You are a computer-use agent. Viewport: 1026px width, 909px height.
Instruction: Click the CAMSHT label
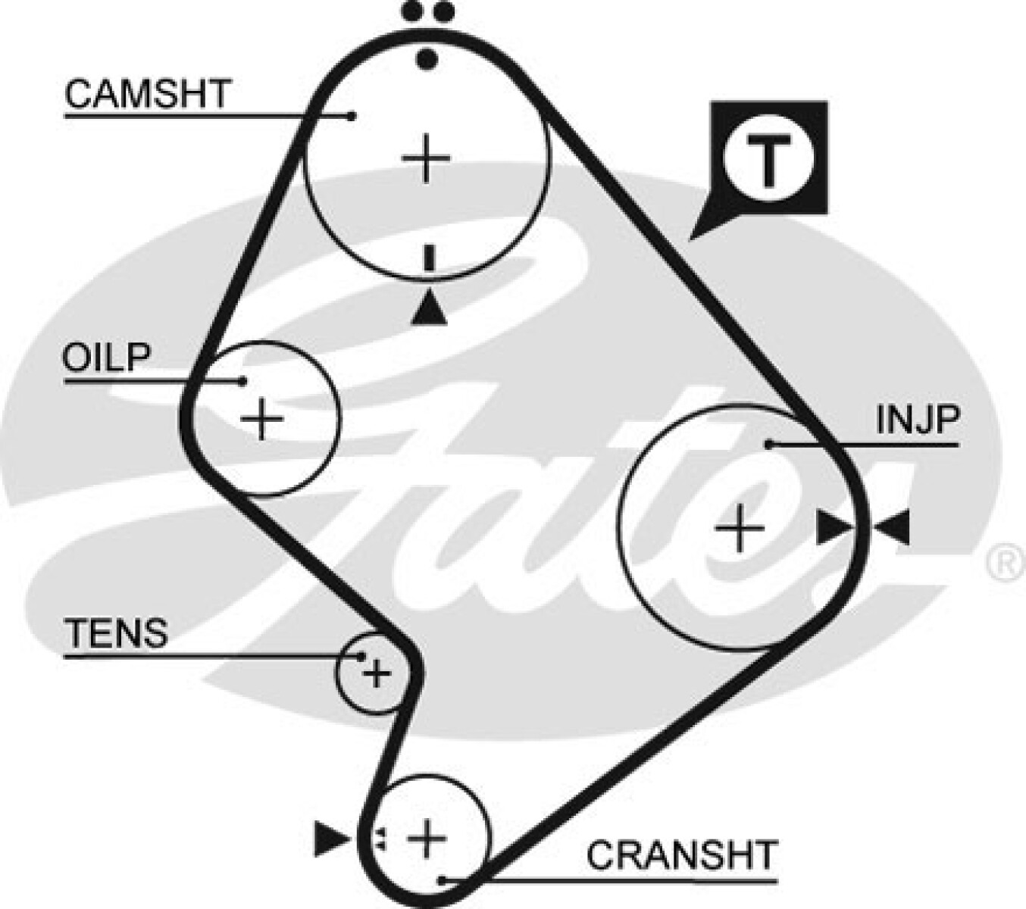point(147,95)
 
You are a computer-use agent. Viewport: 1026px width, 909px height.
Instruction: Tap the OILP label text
point(106,358)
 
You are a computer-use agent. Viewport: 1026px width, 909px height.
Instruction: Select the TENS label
point(117,633)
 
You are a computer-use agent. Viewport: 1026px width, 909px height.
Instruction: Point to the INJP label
point(918,420)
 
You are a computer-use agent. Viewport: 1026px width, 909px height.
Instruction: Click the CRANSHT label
point(682,855)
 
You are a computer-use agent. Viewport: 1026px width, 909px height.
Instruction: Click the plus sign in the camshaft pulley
point(426,158)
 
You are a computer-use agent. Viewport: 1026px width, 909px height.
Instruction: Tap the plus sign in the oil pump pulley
point(262,418)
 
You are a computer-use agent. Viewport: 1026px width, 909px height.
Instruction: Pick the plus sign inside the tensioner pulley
point(376,673)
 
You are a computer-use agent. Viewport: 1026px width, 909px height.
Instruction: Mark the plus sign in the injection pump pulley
point(740,528)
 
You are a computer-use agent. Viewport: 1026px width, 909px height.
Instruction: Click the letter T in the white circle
point(768,161)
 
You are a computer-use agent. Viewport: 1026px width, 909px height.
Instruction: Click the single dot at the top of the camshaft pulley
point(429,58)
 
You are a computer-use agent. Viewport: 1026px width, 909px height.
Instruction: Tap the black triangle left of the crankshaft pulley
point(330,839)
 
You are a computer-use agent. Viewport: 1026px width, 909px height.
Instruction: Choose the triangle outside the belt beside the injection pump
point(893,527)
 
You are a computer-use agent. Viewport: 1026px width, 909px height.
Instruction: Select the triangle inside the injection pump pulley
point(834,527)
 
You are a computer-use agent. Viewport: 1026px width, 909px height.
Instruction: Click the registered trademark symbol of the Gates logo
point(1006,564)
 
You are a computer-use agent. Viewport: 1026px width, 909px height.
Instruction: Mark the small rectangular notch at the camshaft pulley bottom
point(430,258)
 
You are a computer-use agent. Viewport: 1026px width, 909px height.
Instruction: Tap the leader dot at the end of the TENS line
point(362,656)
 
